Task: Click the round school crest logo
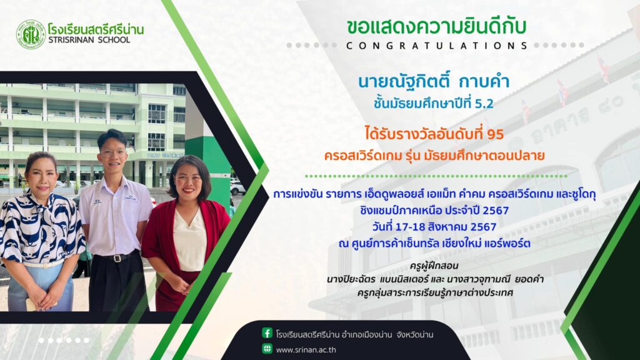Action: click(x=31, y=35)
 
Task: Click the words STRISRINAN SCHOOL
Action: click(x=89, y=40)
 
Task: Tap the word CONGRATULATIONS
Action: click(x=436, y=46)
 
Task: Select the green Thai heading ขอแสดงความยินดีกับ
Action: click(x=436, y=27)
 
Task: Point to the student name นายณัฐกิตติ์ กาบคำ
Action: click(x=434, y=81)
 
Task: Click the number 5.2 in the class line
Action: click(x=484, y=104)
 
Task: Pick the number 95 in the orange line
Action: click(x=496, y=134)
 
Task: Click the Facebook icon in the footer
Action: click(x=267, y=333)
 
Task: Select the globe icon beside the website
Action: click(x=267, y=349)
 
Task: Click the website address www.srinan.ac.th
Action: click(x=306, y=350)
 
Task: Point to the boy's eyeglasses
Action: click(x=112, y=154)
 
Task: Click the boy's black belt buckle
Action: click(x=118, y=258)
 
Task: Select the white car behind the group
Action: click(x=238, y=187)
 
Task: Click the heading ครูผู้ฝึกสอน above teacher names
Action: click(x=434, y=266)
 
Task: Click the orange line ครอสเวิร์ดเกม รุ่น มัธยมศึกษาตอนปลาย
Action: click(x=434, y=156)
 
